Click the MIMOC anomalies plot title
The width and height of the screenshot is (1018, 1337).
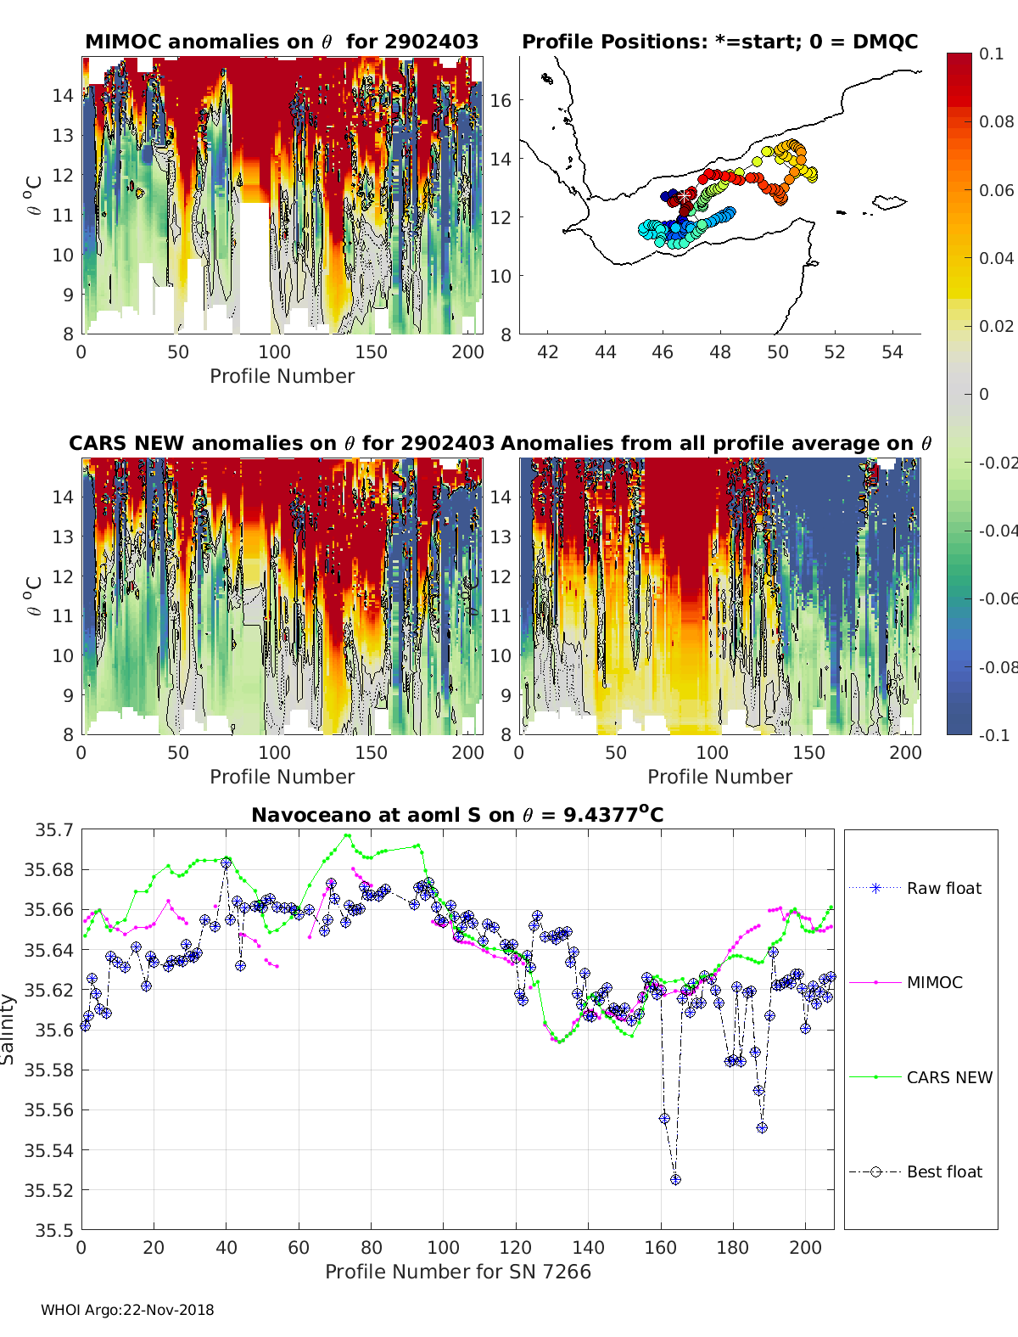click(282, 42)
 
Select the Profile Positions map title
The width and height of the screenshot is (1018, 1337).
click(719, 42)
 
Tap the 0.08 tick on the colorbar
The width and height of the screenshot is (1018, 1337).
click(997, 121)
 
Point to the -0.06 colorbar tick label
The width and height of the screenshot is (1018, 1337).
click(998, 598)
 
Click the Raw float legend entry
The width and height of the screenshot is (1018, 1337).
click(943, 888)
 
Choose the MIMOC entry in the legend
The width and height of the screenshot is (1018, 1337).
click(934, 982)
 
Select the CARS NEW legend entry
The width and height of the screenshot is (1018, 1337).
click(948, 1077)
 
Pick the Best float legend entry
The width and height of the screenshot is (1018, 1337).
click(943, 1171)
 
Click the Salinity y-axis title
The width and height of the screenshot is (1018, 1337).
click(8, 1029)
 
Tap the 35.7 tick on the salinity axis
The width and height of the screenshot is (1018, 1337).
click(54, 829)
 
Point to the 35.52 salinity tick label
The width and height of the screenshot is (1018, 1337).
click(49, 1190)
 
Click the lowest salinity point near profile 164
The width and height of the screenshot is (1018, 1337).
click(675, 1179)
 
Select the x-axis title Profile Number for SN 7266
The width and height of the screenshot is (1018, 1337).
click(458, 1272)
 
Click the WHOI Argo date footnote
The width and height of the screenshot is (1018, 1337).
click(127, 1310)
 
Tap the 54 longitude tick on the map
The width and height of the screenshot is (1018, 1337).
click(892, 351)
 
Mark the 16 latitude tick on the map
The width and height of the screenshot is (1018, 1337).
click(501, 100)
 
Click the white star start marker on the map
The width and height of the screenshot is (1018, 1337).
click(685, 196)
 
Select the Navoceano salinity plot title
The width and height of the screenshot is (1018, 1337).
click(457, 815)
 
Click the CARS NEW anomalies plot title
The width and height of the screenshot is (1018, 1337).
click(281, 443)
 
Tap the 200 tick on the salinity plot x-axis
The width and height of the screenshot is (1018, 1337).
click(805, 1247)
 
